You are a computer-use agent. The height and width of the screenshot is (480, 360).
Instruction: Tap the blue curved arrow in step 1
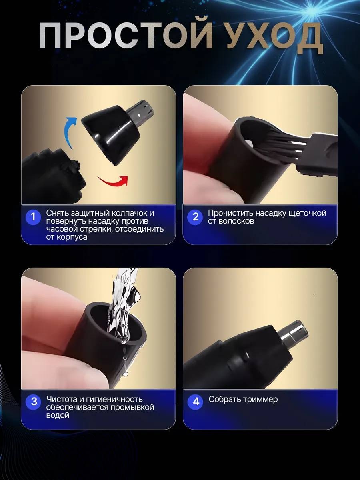coord(70,132)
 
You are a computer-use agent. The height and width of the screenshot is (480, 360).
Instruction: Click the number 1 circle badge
coord(33,217)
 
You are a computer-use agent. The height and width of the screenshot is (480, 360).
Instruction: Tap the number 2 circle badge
coord(196,217)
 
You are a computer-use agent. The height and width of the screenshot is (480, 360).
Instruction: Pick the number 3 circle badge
coord(34,402)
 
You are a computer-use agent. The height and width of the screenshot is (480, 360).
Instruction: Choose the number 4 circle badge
coord(196,402)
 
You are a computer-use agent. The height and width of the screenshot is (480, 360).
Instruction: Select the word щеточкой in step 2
coord(308,213)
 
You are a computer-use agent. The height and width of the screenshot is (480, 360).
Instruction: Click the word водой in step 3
coord(58,415)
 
